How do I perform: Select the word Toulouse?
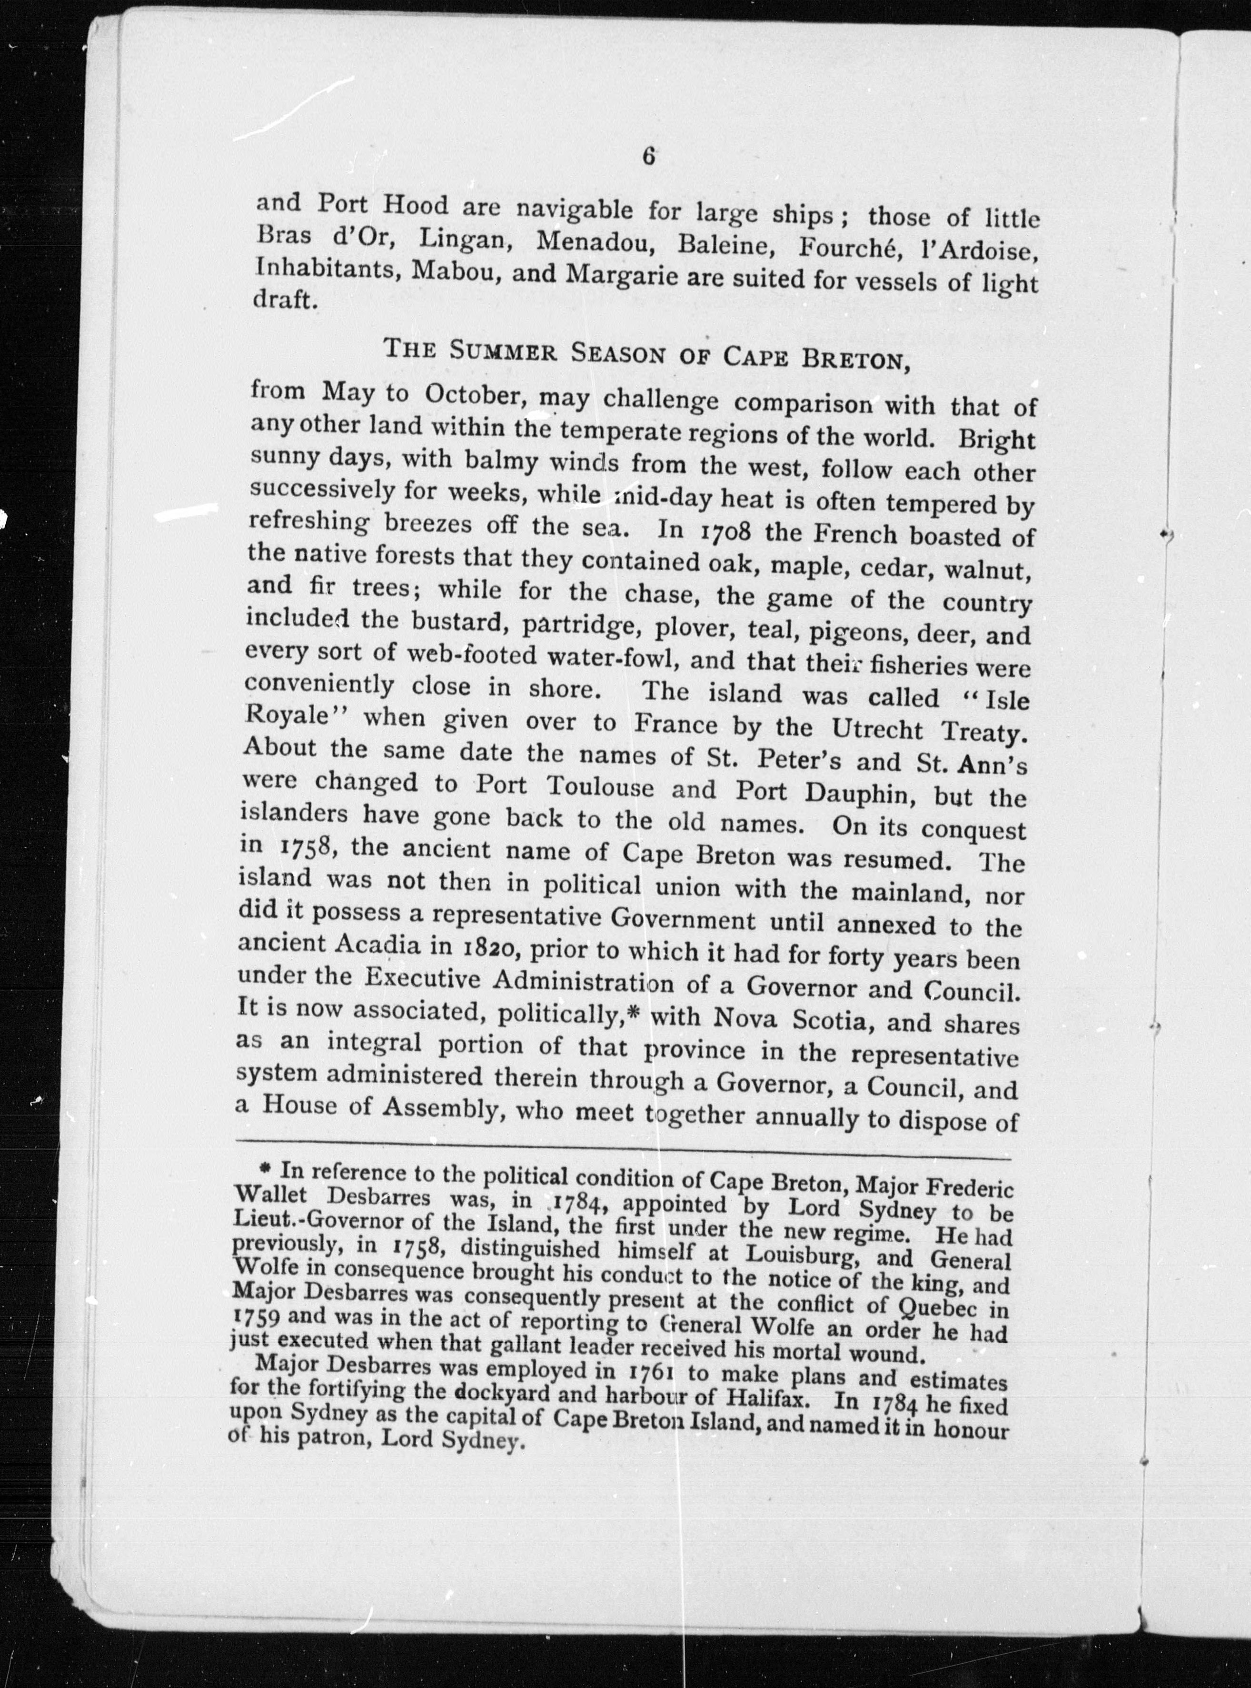coord(601,786)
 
